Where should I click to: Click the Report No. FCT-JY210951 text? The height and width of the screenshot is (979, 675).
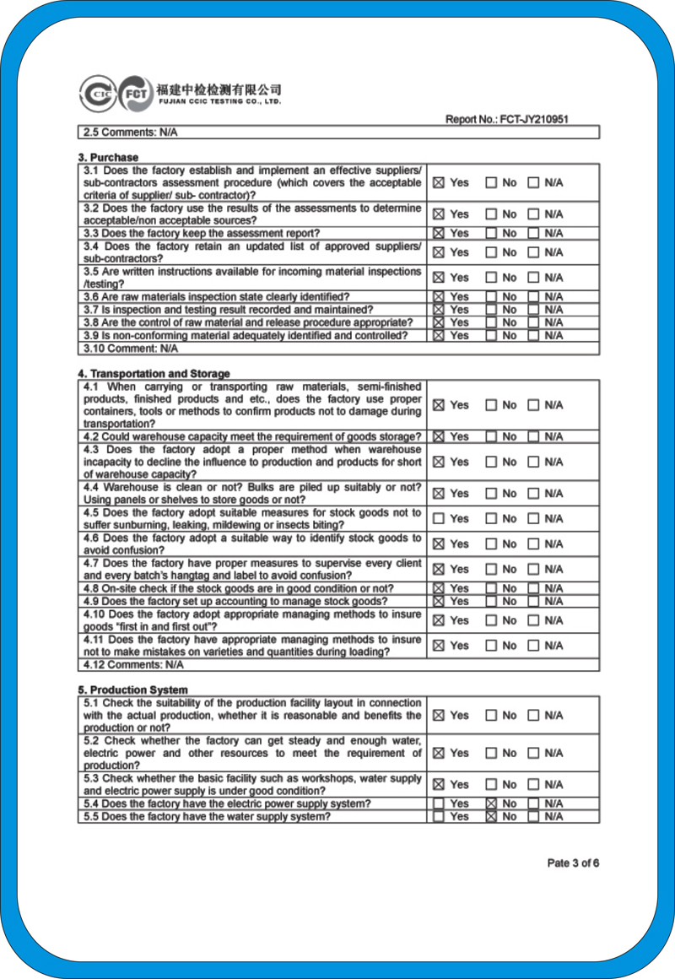point(506,120)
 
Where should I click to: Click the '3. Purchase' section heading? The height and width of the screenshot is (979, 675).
point(108,157)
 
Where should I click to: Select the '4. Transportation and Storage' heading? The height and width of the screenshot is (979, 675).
point(154,373)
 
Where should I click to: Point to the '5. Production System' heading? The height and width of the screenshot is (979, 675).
point(132,690)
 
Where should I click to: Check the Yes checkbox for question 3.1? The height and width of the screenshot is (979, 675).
point(438,182)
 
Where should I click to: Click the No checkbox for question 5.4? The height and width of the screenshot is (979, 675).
point(491,804)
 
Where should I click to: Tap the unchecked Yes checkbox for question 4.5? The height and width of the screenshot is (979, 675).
point(438,518)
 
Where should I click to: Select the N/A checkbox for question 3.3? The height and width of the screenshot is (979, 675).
point(533,233)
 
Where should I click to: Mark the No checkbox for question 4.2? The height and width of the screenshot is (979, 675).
point(491,436)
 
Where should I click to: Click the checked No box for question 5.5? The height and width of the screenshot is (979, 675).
point(491,816)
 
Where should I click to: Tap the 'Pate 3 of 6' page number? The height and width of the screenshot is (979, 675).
point(573,863)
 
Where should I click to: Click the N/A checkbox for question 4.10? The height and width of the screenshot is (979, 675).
point(533,620)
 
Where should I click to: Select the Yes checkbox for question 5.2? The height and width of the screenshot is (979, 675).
point(438,753)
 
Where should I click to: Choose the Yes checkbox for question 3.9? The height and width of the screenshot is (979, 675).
point(438,335)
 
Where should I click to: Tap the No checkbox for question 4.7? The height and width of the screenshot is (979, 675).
point(491,570)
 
